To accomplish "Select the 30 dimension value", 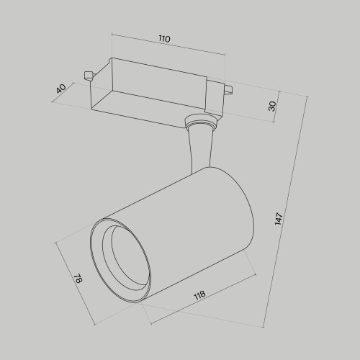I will point(273,105).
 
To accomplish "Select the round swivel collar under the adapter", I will point(200,123).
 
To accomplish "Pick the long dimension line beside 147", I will point(288,216).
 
